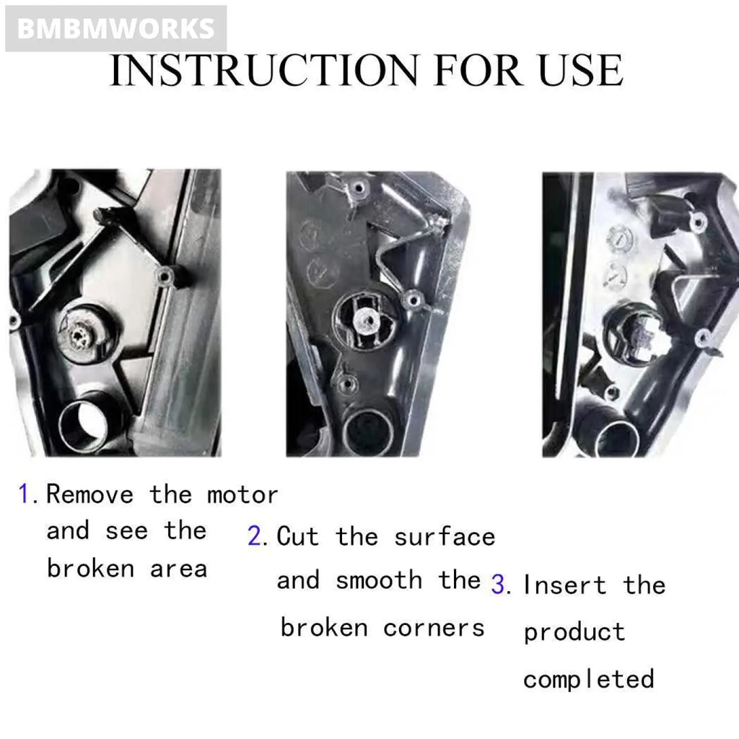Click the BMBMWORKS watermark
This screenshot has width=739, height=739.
click(x=115, y=29)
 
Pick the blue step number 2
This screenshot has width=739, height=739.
click(x=256, y=536)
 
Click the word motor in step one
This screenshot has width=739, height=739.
click(x=242, y=495)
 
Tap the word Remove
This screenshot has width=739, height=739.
click(x=90, y=495)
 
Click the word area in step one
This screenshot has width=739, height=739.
click(x=178, y=569)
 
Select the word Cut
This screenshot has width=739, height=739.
click(x=297, y=536)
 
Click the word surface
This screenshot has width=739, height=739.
click(x=445, y=537)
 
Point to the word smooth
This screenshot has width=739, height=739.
click(x=379, y=581)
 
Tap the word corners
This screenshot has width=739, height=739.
click(x=434, y=628)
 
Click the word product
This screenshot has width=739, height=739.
click(x=574, y=633)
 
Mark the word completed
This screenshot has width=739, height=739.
click(x=589, y=680)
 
